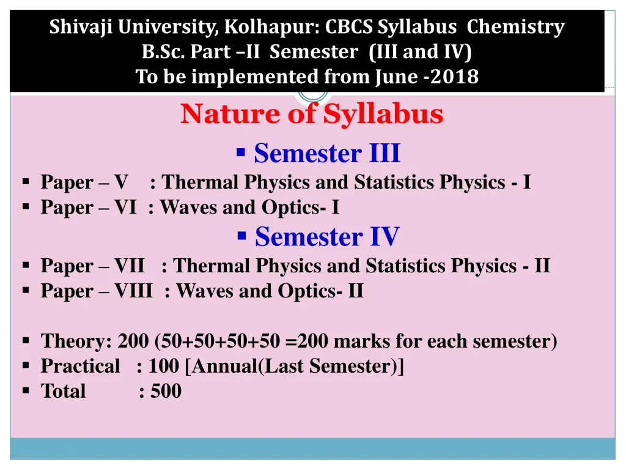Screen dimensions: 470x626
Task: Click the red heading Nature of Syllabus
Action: coord(312,114)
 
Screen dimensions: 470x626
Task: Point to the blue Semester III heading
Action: coord(327,153)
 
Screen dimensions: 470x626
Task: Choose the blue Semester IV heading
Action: coord(327,236)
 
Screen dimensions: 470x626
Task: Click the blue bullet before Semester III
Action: coord(241,151)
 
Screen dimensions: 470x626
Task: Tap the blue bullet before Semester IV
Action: coord(241,234)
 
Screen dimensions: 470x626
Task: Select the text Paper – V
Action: coord(84,182)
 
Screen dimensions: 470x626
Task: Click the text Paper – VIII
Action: coord(96,291)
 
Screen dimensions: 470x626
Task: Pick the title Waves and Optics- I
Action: coord(249,207)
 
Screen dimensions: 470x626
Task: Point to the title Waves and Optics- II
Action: coord(270,291)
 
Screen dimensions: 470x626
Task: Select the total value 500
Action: coord(166,391)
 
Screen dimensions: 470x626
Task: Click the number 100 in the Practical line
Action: coord(163,366)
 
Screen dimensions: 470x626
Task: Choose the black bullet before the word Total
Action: coord(26,390)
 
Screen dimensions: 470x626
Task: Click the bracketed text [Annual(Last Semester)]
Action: coord(294,366)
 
